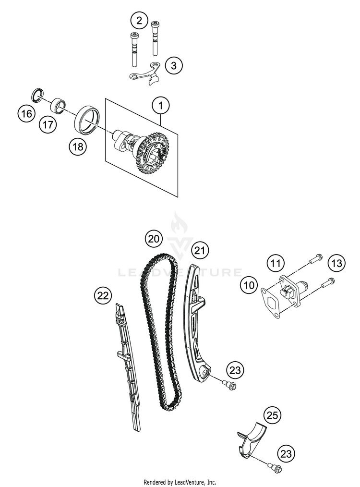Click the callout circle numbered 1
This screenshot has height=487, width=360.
click(x=161, y=104)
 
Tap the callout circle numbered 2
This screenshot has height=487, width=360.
click(x=139, y=20)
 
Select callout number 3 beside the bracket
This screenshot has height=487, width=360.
click(x=174, y=65)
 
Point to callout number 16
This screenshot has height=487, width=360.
click(x=26, y=114)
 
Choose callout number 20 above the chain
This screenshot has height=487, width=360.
click(x=154, y=238)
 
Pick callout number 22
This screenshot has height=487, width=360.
click(x=103, y=296)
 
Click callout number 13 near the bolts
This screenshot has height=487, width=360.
click(x=336, y=263)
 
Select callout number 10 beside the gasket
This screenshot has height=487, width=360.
click(x=250, y=285)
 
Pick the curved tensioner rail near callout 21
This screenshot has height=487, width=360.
click(x=195, y=327)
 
